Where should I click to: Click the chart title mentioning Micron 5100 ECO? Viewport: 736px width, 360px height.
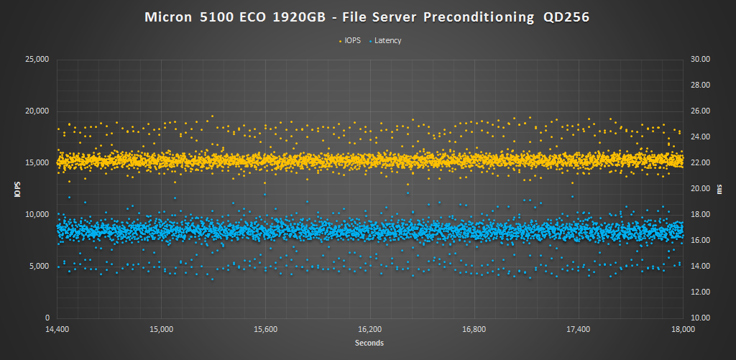pos(367,17)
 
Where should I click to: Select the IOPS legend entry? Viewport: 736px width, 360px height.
pos(349,40)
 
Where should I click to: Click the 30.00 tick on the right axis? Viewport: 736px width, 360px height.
pos(700,59)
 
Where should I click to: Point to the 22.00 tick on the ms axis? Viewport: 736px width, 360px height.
pos(700,162)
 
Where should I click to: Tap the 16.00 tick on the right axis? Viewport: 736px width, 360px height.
pos(700,240)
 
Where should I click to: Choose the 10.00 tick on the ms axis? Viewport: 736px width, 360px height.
pos(700,318)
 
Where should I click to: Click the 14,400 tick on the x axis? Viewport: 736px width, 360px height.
pos(57,329)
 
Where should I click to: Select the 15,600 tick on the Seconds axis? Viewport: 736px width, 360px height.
pos(265,329)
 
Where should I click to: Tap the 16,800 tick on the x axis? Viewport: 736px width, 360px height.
pos(474,329)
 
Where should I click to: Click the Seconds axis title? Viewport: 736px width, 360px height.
pos(369,343)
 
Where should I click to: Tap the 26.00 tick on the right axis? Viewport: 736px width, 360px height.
pos(700,111)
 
